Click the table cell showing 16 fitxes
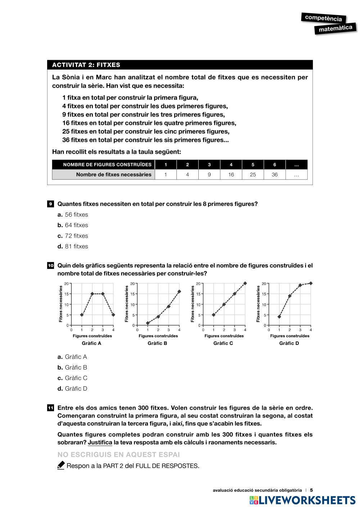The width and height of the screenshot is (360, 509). (231, 175)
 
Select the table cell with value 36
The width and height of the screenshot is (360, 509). (275, 175)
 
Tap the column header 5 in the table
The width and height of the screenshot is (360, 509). (253, 165)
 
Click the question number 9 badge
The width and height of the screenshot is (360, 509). (50, 204)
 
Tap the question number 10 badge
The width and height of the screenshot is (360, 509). (50, 266)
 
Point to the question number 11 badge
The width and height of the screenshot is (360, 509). (50, 408)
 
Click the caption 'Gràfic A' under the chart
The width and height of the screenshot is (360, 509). (91, 343)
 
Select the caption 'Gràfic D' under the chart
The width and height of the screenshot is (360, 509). (289, 343)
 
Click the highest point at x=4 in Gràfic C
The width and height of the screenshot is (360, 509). (245, 283)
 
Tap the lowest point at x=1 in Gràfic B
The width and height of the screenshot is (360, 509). (148, 323)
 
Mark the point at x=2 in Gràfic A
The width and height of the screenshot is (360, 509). (92, 294)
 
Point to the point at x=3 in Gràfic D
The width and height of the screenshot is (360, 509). (300, 285)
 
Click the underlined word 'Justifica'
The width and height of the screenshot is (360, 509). (100, 442)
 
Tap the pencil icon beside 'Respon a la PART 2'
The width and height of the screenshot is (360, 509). (61, 465)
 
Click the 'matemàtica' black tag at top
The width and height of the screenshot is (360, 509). (335, 28)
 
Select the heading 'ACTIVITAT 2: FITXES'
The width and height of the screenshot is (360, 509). (86, 65)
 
